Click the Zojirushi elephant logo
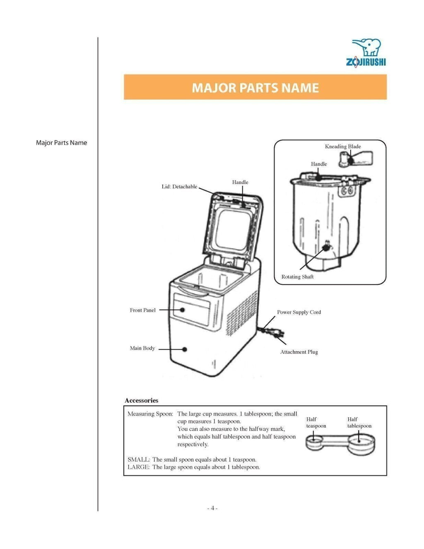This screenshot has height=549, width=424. pyautogui.click(x=366, y=53)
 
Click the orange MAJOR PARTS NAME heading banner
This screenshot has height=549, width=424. pyautogui.click(x=255, y=87)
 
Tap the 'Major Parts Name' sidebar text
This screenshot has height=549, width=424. pyautogui.click(x=61, y=143)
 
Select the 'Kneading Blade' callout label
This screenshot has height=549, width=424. pyautogui.click(x=342, y=147)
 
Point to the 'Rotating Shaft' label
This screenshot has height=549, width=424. pyautogui.click(x=297, y=277)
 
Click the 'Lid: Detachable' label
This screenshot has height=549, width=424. pyautogui.click(x=179, y=187)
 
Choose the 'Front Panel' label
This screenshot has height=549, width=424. pyautogui.click(x=142, y=310)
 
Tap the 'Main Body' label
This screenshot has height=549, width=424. pyautogui.click(x=142, y=348)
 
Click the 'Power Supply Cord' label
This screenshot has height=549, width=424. pyautogui.click(x=299, y=312)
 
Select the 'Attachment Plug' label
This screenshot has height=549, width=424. pyautogui.click(x=299, y=352)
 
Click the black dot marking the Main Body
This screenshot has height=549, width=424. pyautogui.click(x=185, y=349)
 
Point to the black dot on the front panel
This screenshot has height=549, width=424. pyautogui.click(x=182, y=310)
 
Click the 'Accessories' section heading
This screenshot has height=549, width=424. pyautogui.click(x=142, y=400)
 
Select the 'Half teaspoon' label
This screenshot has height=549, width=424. pyautogui.click(x=316, y=423)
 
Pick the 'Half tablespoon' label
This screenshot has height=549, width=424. pyautogui.click(x=359, y=423)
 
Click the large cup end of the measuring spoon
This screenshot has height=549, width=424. pyautogui.click(x=359, y=443)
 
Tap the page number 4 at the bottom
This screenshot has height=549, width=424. pyautogui.click(x=212, y=508)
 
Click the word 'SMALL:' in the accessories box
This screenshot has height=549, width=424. pyautogui.click(x=138, y=460)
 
